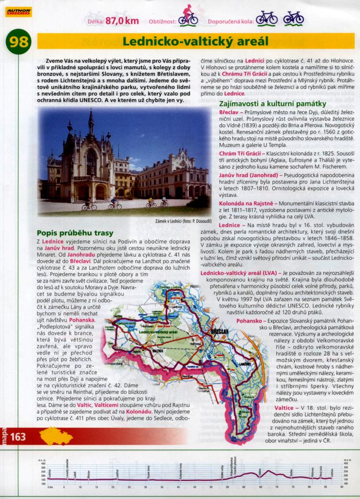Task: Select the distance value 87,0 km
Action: pyautogui.click(x=122, y=21)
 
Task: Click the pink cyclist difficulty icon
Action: pyautogui.click(x=188, y=16)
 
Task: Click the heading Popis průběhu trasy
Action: pyautogui.click(x=75, y=232)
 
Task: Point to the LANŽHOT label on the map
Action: pyautogui.click(x=245, y=364)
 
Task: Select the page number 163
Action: pyautogui.click(x=18, y=437)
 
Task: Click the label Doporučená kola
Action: pyautogui.click(x=230, y=21)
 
